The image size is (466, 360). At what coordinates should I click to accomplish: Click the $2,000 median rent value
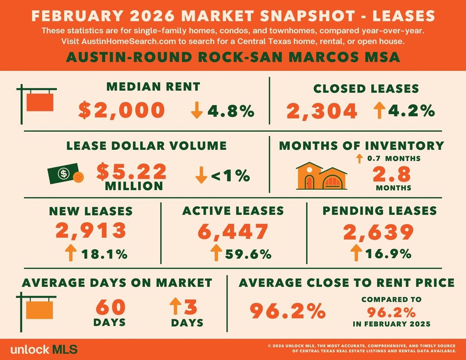tap(121, 111)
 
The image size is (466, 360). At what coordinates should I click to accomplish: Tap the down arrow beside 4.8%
tap(197, 111)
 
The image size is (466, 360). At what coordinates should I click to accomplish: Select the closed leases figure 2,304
tap(322, 111)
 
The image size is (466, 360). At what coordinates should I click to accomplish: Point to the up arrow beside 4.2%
tap(379, 111)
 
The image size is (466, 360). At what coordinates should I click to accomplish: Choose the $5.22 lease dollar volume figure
tap(132, 171)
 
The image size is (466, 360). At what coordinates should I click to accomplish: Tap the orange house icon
tap(321, 177)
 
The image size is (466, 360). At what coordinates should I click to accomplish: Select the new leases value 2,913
tap(91, 230)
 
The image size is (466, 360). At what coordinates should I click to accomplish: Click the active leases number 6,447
tap(233, 231)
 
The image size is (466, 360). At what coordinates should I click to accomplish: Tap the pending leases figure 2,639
tap(379, 231)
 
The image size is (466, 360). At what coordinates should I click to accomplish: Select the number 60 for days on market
tap(110, 307)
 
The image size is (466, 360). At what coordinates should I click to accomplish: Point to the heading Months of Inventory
tap(361, 146)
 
